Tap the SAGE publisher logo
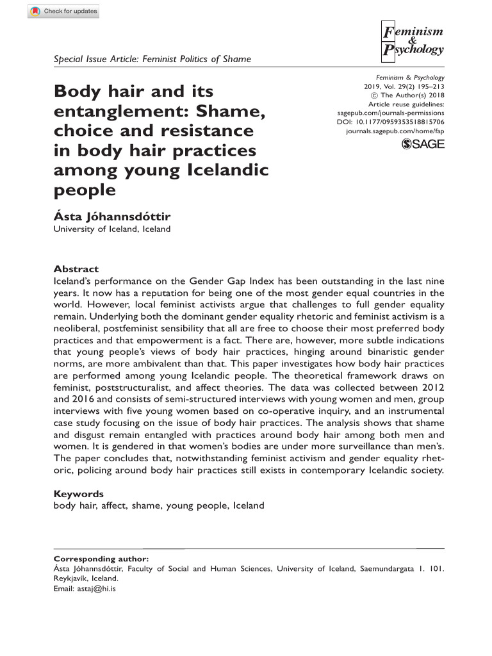[x=422, y=145]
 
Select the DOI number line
[x=390, y=121]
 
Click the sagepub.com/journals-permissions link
[x=390, y=112]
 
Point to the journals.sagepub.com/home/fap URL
[x=395, y=130]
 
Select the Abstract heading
[x=76, y=269]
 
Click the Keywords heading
[x=78, y=494]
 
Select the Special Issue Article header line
[x=152, y=59]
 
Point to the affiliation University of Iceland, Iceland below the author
[x=111, y=229]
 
